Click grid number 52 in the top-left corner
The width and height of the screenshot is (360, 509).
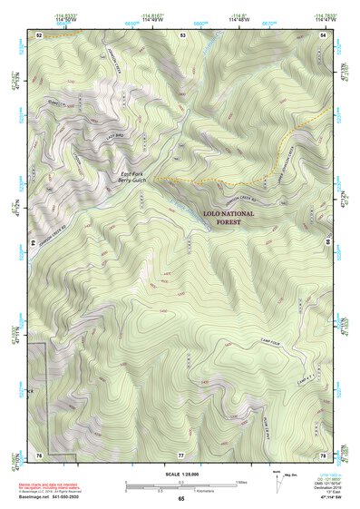click(39, 34)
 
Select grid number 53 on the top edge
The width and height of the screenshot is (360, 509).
click(182, 34)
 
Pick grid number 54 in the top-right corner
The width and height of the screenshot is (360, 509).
click(325, 34)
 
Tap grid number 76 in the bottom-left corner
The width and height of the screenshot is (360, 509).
click(39, 454)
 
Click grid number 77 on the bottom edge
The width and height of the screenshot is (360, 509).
click(181, 454)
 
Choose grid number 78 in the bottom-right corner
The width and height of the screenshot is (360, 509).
click(325, 454)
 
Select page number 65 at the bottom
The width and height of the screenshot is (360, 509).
click(181, 499)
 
